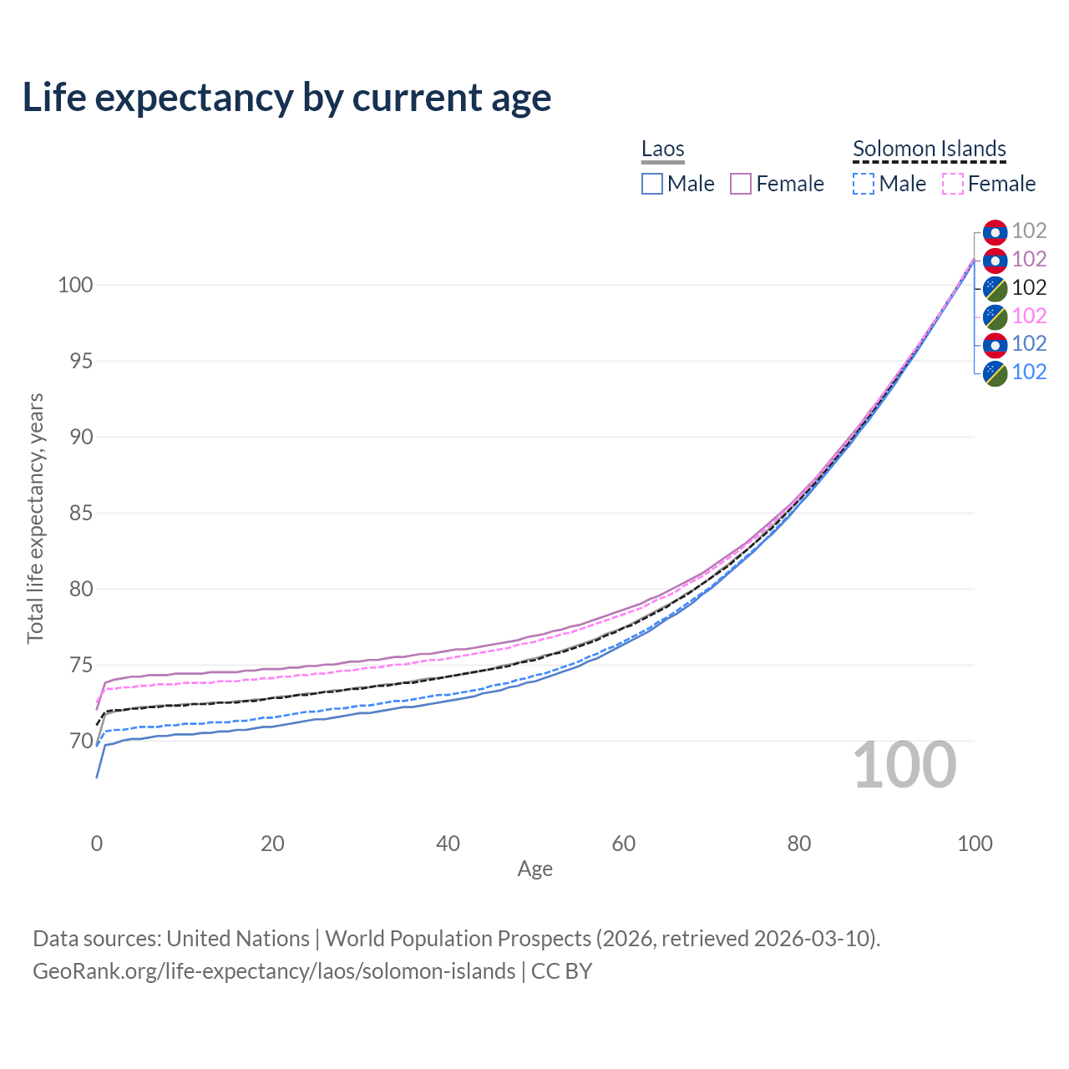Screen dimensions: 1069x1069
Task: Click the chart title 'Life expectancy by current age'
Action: (x=286, y=99)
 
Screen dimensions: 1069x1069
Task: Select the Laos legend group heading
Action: (x=662, y=149)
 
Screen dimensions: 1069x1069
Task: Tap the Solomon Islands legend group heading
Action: (x=929, y=149)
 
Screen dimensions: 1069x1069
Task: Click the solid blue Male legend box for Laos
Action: (x=651, y=184)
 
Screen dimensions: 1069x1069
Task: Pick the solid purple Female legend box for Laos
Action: (x=741, y=184)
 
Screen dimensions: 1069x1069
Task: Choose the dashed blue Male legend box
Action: (x=864, y=184)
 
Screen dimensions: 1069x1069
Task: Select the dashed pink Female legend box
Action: (x=953, y=184)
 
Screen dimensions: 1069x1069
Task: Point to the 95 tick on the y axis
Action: (x=81, y=361)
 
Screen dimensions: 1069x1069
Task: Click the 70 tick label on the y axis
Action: (x=81, y=741)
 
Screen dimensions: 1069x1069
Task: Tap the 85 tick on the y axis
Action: (x=81, y=513)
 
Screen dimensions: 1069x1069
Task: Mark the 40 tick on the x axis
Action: (x=448, y=844)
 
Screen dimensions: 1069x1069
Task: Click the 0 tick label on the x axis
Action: (x=97, y=844)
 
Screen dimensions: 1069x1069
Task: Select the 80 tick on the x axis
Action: (x=799, y=844)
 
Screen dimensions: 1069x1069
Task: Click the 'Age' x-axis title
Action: (x=534, y=869)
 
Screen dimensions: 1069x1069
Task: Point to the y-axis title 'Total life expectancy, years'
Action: (x=36, y=519)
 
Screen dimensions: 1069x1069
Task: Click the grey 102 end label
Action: (x=1029, y=231)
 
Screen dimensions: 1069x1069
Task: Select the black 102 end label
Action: (x=1029, y=287)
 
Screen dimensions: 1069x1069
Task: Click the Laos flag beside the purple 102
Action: (x=996, y=261)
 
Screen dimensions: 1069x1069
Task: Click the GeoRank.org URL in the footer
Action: (x=274, y=971)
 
